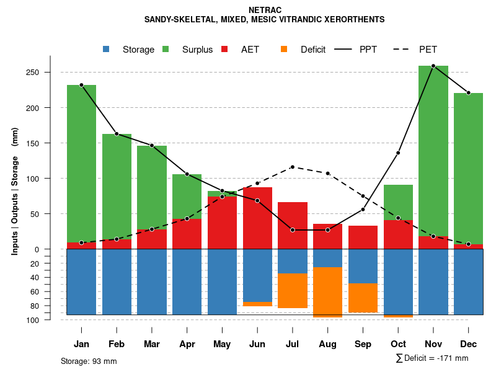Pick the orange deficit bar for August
coord(328,291)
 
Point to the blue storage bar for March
coord(152,282)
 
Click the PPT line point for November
coord(433,66)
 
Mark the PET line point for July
coord(293,167)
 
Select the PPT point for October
coord(398,153)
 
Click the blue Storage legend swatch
coord(107,49)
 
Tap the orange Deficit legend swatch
coord(284,49)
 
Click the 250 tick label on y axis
coord(33,73)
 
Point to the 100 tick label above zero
coord(33,179)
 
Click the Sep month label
coord(363,344)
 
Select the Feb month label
coord(117,344)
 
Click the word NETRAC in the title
coord(264,10)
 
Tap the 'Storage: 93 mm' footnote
coord(89,361)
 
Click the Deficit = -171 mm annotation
coord(432,358)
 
